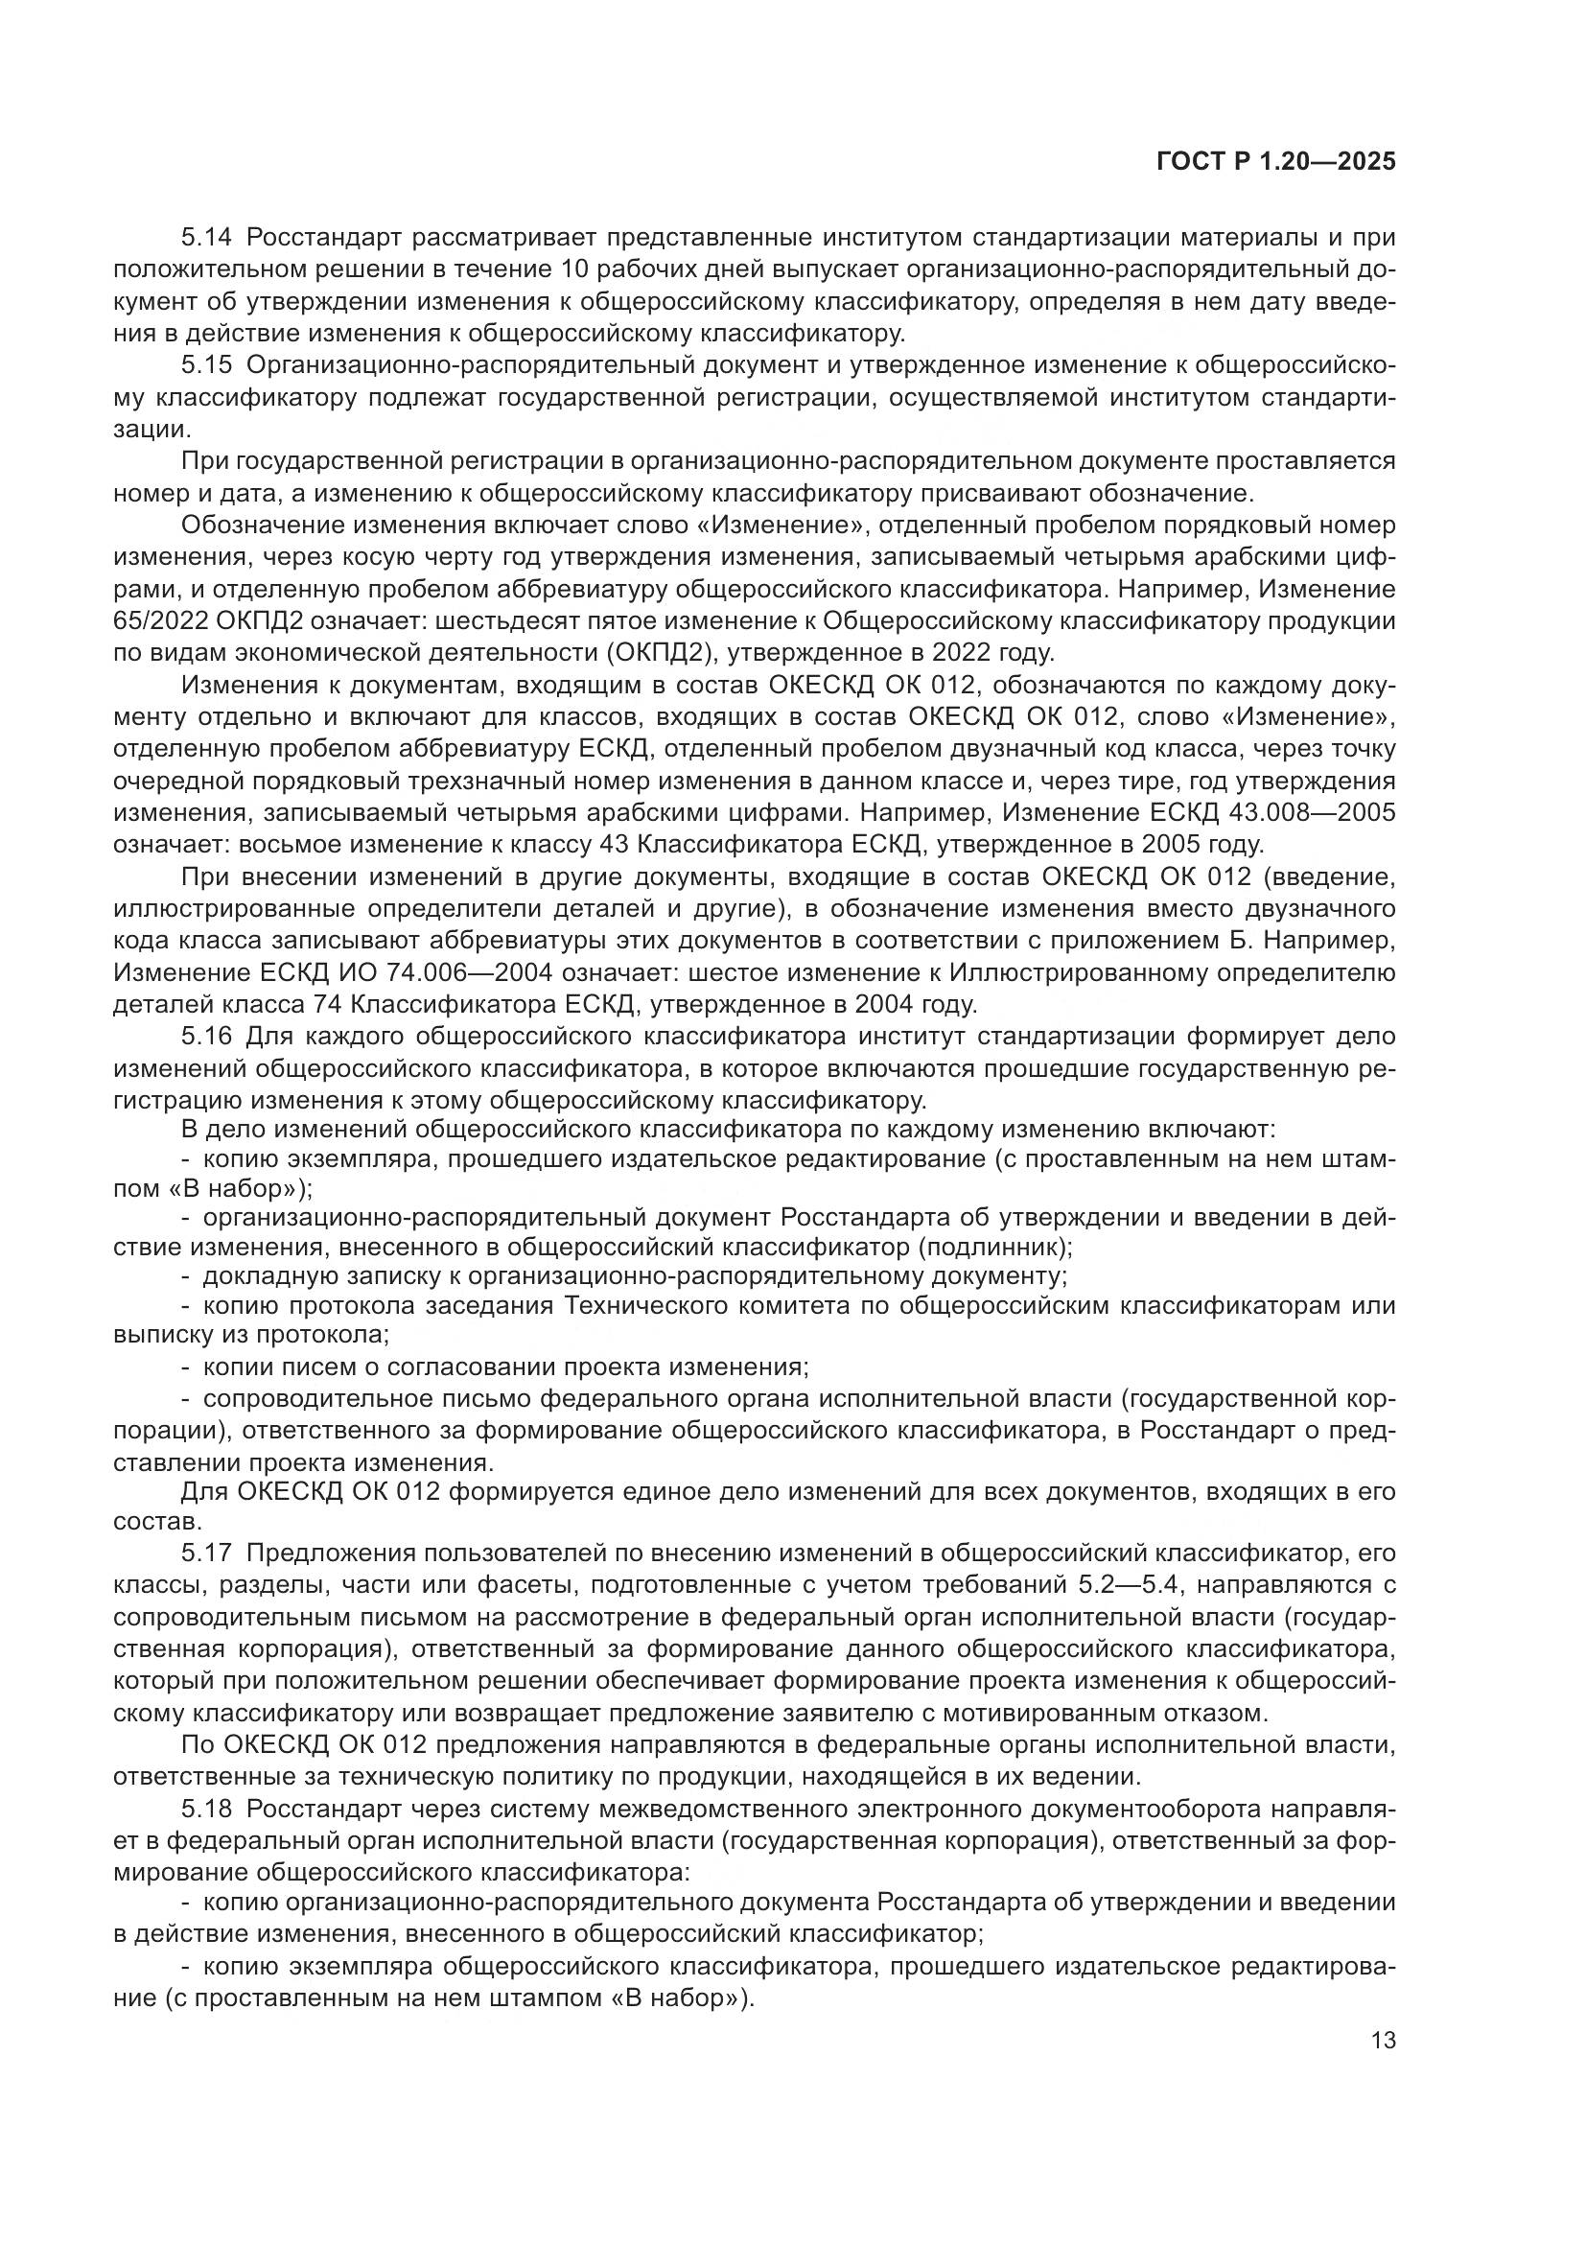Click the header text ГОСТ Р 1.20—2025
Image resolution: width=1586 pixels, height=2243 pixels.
1275,162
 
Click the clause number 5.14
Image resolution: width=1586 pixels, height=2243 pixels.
206,238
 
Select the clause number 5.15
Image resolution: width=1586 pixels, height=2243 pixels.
206,365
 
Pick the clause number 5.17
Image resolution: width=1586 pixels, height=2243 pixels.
206,1554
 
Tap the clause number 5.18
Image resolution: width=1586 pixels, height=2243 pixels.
206,1811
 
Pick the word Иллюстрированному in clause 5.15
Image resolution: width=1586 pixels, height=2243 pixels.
1172,973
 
